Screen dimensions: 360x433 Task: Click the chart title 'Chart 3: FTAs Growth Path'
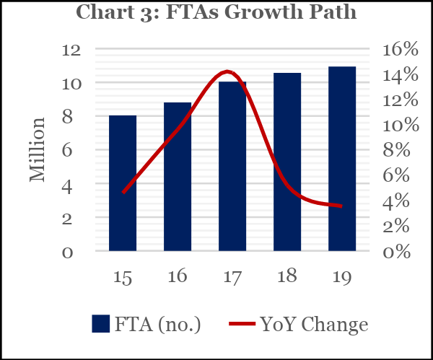pyautogui.click(x=216, y=12)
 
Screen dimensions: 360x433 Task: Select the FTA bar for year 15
pyautogui.click(x=123, y=183)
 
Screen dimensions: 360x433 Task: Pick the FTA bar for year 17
pyautogui.click(x=232, y=167)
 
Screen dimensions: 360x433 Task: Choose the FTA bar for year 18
pyautogui.click(x=287, y=162)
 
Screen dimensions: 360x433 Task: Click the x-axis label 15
pyautogui.click(x=123, y=277)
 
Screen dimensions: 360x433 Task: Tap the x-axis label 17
pyautogui.click(x=232, y=277)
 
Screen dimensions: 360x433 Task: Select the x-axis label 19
pyautogui.click(x=342, y=277)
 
